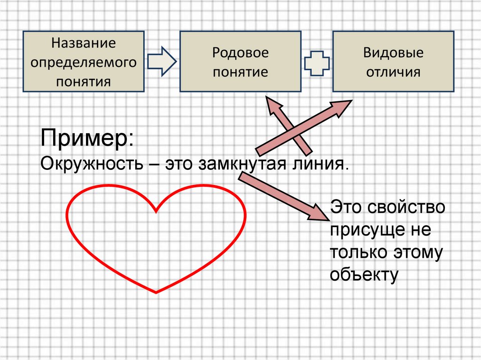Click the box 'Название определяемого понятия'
(83, 61)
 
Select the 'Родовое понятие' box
(240, 61)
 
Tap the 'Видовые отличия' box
(393, 61)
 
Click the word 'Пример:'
(87, 138)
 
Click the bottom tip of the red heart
(156, 292)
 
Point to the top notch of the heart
(156, 211)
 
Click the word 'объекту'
(364, 275)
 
